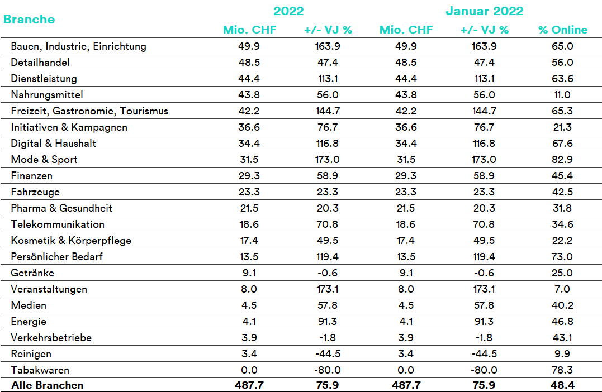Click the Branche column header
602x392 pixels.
(x=29, y=19)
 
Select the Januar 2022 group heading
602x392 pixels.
(x=484, y=11)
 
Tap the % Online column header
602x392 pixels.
(x=563, y=30)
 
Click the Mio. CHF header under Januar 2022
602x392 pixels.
(x=406, y=30)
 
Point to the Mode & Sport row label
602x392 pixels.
(x=44, y=160)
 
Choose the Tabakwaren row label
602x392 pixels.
(x=40, y=370)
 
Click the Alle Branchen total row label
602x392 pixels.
(x=47, y=385)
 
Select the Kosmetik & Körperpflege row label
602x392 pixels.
(x=71, y=241)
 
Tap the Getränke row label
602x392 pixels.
(x=32, y=273)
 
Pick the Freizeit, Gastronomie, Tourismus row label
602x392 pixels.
(x=89, y=111)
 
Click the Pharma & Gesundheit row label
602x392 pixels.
(x=61, y=208)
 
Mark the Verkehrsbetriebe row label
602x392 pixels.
(x=51, y=337)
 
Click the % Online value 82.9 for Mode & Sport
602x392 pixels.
(x=562, y=160)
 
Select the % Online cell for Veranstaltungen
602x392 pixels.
(x=562, y=289)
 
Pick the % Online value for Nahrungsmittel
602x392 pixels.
(x=562, y=95)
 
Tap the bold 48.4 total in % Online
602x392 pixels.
(x=562, y=385)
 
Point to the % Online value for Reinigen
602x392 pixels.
(x=562, y=353)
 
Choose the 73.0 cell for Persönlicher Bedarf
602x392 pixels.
(x=562, y=257)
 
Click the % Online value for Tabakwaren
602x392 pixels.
(x=562, y=370)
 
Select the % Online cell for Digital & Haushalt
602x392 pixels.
(x=562, y=144)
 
